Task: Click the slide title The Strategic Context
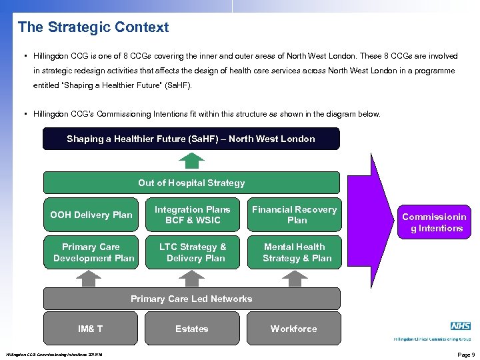[x=93, y=27]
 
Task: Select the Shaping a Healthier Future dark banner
[x=191, y=139]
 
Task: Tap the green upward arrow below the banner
[x=191, y=161]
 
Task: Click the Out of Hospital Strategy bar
[x=191, y=183]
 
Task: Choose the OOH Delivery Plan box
[x=91, y=215]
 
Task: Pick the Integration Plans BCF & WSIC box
[x=193, y=215]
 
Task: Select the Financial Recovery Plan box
[x=294, y=215]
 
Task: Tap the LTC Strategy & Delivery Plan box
[x=193, y=252]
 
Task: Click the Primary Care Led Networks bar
[x=191, y=299]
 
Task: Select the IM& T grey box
[x=91, y=329]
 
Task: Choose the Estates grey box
[x=192, y=329]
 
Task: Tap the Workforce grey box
[x=293, y=329]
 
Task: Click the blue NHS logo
[x=460, y=326]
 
